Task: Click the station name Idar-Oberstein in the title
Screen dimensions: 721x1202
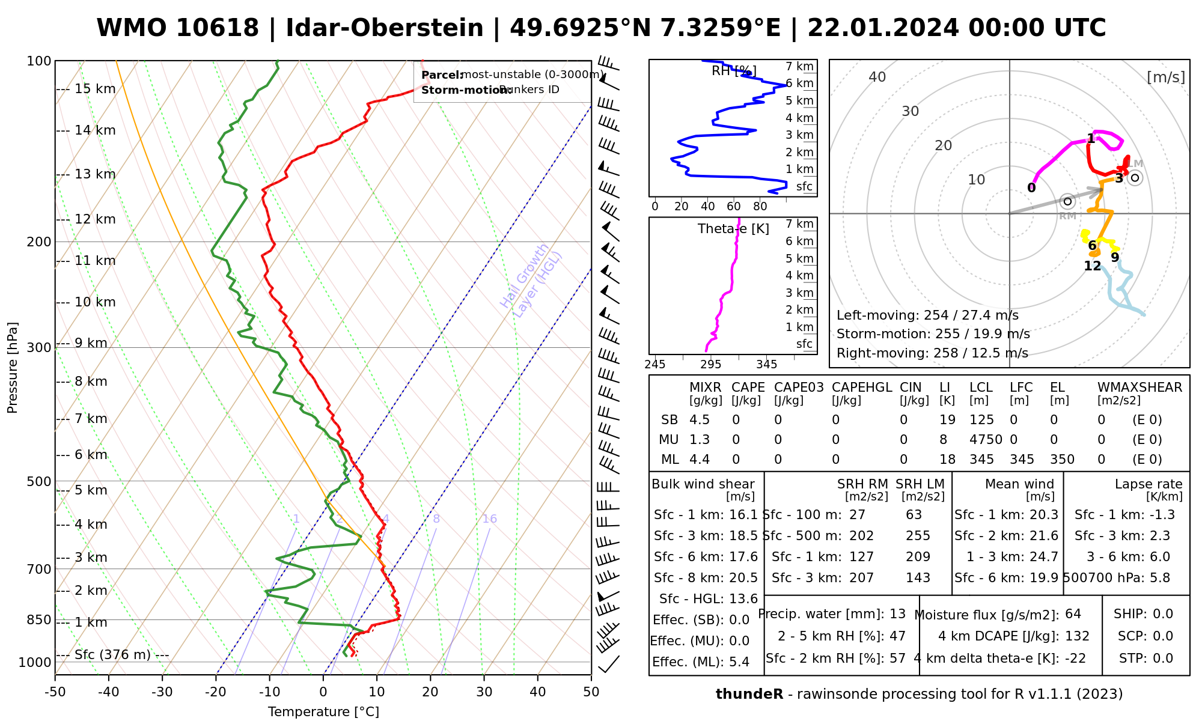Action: point(385,28)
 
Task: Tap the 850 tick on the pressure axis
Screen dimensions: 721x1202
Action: point(40,619)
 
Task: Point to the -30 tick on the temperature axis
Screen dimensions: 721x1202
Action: point(162,692)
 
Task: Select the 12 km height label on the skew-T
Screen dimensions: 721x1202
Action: point(95,219)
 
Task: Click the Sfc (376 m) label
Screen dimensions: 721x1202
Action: point(112,654)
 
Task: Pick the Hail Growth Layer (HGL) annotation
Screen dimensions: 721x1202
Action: point(531,280)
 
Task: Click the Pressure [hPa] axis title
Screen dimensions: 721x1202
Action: point(13,368)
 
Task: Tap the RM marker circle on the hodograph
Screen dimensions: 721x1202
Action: point(1067,201)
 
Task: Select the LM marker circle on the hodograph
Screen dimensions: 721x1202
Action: point(1135,177)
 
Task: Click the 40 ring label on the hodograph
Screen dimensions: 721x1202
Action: point(877,77)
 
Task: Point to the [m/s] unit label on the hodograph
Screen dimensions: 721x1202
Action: point(1166,78)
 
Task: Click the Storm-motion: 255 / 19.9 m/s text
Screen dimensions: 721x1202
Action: point(933,334)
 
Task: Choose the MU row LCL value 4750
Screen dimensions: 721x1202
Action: point(986,440)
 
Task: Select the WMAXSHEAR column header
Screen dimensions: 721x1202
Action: point(1139,388)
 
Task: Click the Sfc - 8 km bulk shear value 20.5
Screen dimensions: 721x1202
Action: point(743,578)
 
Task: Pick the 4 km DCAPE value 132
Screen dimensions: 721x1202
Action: point(1077,636)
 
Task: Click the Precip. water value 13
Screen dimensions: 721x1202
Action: point(897,614)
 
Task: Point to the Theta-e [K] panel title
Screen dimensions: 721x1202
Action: point(733,229)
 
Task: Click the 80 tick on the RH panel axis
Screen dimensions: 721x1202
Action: point(760,207)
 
